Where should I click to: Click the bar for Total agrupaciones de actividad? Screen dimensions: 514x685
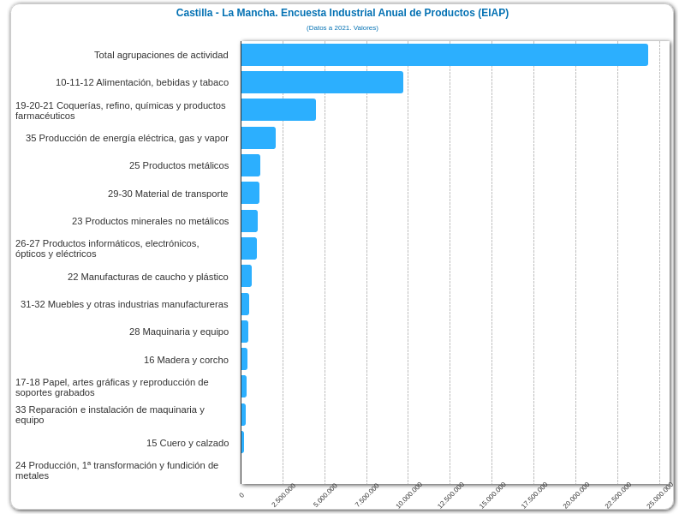(x=444, y=55)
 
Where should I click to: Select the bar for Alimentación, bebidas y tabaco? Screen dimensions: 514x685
(x=322, y=82)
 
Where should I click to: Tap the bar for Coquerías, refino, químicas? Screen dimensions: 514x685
(x=278, y=110)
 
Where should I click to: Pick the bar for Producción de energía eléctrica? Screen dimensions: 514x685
(x=258, y=138)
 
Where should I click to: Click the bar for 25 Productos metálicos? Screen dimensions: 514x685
(x=250, y=165)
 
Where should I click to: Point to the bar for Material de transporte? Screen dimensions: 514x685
(x=250, y=193)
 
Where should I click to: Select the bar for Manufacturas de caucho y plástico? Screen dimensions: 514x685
(x=247, y=276)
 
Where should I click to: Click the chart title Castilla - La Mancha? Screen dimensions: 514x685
(x=342, y=13)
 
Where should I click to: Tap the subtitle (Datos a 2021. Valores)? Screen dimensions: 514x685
(x=342, y=27)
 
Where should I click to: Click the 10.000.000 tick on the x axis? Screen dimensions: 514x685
(x=409, y=495)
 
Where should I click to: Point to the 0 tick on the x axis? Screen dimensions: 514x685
(x=241, y=495)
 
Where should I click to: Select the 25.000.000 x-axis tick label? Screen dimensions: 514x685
(x=660, y=495)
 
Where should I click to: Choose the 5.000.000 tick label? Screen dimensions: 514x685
(x=325, y=495)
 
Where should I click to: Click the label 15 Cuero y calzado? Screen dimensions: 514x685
(x=188, y=443)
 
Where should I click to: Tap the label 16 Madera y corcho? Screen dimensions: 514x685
(x=186, y=360)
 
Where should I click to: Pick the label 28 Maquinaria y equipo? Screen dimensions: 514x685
(x=179, y=332)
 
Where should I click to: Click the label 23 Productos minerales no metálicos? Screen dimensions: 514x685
(x=150, y=221)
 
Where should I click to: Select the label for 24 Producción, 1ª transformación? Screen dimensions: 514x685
(x=117, y=470)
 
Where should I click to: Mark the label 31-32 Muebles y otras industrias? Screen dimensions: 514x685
(x=124, y=304)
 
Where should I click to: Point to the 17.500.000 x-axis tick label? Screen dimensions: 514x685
(x=534, y=495)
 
